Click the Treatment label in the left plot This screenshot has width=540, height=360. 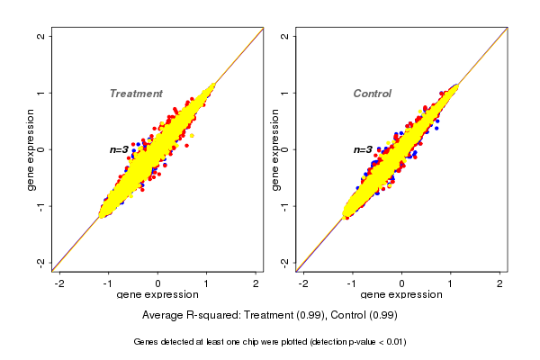pyautogui.click(x=136, y=94)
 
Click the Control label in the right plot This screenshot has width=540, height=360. pyautogui.click(x=372, y=94)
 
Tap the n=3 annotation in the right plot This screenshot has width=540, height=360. pyautogui.click(x=363, y=150)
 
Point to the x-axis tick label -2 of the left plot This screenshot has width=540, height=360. pyautogui.click(x=59, y=283)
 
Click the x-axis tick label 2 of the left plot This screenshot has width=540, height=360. pyautogui.click(x=256, y=283)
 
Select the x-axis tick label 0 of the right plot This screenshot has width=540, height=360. pyautogui.click(x=401, y=283)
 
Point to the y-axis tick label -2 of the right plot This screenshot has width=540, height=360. pyautogui.click(x=285, y=262)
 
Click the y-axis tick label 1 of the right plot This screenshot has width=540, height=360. pyautogui.click(x=285, y=93)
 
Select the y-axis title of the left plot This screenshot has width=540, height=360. pyautogui.click(x=31, y=149)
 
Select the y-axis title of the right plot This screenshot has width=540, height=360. pyautogui.click(x=274, y=149)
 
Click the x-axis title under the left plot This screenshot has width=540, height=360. pyautogui.click(x=157, y=295)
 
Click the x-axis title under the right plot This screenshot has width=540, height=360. pyautogui.click(x=401, y=295)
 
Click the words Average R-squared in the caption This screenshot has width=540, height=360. pyautogui.click(x=184, y=316)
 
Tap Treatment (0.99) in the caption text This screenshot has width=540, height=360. pyautogui.click(x=277, y=316)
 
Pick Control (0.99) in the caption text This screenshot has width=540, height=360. pyautogui.click(x=360, y=316)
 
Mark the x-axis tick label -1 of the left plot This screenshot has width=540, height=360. pyautogui.click(x=108, y=283)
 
